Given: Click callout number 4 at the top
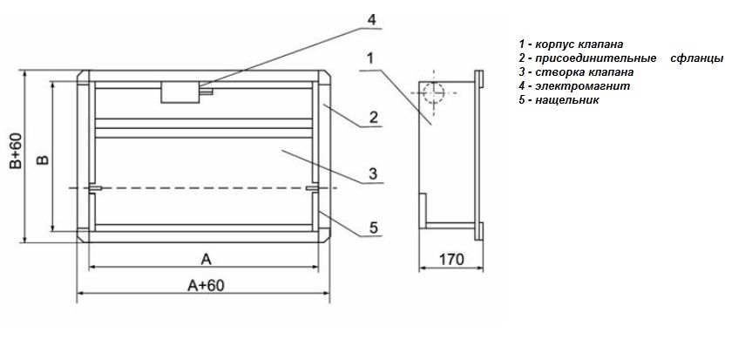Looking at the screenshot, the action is (x=372, y=20).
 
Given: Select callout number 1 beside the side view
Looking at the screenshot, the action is (x=370, y=58).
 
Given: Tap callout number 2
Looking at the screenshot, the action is (x=374, y=117).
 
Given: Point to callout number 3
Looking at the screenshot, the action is (x=374, y=173).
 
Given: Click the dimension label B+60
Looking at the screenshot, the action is (x=17, y=151).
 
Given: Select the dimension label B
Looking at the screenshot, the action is (x=44, y=160).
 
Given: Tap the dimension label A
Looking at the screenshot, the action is (x=206, y=259).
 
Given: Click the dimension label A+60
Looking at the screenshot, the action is (x=206, y=285).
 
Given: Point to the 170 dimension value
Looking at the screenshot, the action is (x=451, y=260).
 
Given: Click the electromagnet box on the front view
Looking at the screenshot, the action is (x=180, y=92).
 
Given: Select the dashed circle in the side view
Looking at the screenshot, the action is (x=434, y=92).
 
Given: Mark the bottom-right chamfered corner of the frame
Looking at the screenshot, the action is (x=324, y=236).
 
